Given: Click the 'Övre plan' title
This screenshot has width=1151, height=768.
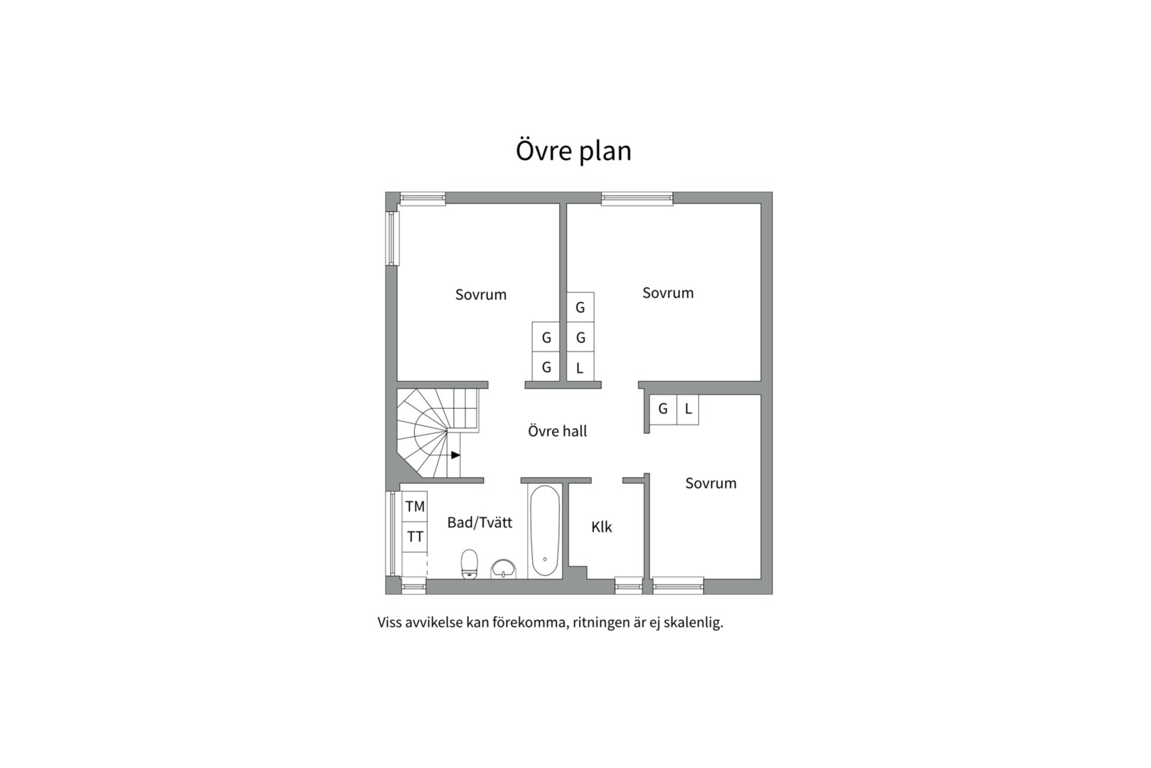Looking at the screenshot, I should pyautogui.click(x=573, y=151).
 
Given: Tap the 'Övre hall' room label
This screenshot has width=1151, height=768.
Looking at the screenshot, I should pyautogui.click(x=557, y=431).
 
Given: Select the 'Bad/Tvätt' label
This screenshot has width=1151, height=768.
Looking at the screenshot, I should pyautogui.click(x=480, y=523).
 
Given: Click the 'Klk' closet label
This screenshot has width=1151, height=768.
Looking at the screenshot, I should pyautogui.click(x=601, y=527).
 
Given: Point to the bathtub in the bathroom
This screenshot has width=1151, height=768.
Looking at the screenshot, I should pyautogui.click(x=545, y=530).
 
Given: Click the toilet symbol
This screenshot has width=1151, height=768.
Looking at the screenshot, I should pyautogui.click(x=470, y=564).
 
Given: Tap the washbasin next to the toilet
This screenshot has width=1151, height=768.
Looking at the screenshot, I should pyautogui.click(x=504, y=568).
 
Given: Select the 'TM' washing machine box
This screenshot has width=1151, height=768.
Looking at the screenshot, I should pyautogui.click(x=415, y=506).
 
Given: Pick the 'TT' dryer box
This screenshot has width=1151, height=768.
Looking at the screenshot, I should pyautogui.click(x=415, y=537).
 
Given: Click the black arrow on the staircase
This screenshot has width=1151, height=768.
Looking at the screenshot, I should pyautogui.click(x=455, y=455).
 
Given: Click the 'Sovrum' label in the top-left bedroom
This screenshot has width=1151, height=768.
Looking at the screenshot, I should pyautogui.click(x=481, y=294).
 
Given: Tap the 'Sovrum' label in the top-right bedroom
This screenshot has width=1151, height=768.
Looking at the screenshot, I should pyautogui.click(x=668, y=293).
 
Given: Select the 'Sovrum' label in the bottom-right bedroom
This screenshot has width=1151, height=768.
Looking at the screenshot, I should pyautogui.click(x=710, y=484).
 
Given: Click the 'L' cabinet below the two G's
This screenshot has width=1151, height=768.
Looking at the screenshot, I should pyautogui.click(x=580, y=368).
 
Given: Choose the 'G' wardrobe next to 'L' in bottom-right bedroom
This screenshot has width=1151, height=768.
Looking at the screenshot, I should pyautogui.click(x=663, y=409).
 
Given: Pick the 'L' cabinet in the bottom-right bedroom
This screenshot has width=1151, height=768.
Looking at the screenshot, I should pyautogui.click(x=688, y=409).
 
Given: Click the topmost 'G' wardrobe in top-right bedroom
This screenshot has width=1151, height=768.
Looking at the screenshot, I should pyautogui.click(x=580, y=307).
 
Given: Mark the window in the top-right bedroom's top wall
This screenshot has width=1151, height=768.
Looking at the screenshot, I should pyautogui.click(x=637, y=198).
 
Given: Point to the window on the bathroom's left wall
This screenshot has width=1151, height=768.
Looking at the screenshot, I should pyautogui.click(x=391, y=533).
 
